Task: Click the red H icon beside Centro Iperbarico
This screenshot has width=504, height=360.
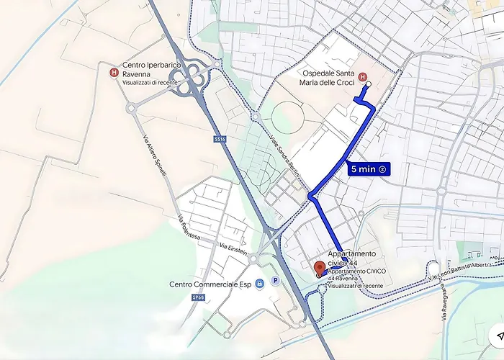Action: pyautogui.click(x=114, y=72)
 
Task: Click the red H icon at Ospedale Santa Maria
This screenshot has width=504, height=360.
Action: pyautogui.click(x=362, y=77)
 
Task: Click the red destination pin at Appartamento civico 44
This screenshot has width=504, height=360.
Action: pyautogui.click(x=320, y=270)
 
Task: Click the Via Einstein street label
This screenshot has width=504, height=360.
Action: pyautogui.click(x=235, y=250)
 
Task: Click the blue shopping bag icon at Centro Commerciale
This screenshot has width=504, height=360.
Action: pyautogui.click(x=259, y=283)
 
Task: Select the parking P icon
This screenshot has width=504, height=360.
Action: pyautogui.click(x=275, y=282)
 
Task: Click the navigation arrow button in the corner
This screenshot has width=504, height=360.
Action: pyautogui.click(x=497, y=336)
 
